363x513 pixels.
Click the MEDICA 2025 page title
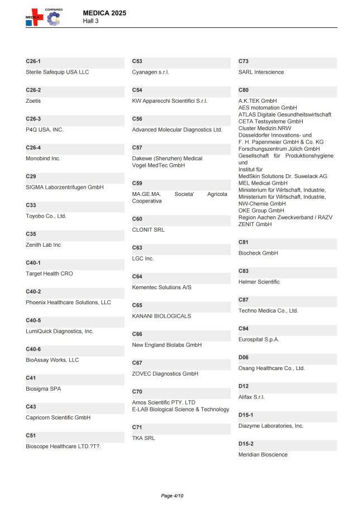point(104,12)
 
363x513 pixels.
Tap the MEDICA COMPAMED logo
point(44,17)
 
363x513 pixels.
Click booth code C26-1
point(34,60)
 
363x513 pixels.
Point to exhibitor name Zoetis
point(34,101)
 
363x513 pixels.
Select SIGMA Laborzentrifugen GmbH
point(65,188)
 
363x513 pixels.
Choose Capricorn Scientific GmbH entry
point(58,418)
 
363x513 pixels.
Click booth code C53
point(137,60)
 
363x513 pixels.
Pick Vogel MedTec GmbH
point(158,165)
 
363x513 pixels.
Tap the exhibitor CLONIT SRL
point(148,229)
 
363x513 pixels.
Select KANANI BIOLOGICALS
point(161,316)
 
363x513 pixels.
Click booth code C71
point(137,427)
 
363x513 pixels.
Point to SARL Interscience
point(261,72)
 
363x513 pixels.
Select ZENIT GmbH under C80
point(255,224)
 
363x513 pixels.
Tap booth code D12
point(243,386)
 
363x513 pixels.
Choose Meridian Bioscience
point(263,455)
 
